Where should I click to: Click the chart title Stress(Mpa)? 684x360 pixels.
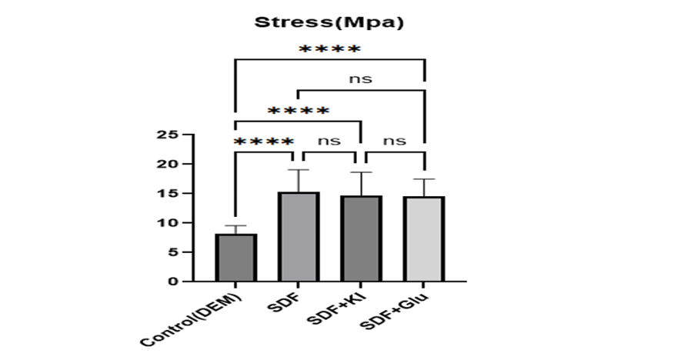[330, 22]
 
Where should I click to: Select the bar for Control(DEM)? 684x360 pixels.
[235, 258]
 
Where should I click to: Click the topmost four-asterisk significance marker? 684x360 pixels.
[329, 50]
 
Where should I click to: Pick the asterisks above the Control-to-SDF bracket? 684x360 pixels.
[263, 142]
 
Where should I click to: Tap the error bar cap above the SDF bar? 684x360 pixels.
[298, 170]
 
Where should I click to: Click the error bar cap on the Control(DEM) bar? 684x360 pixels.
[235, 226]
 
